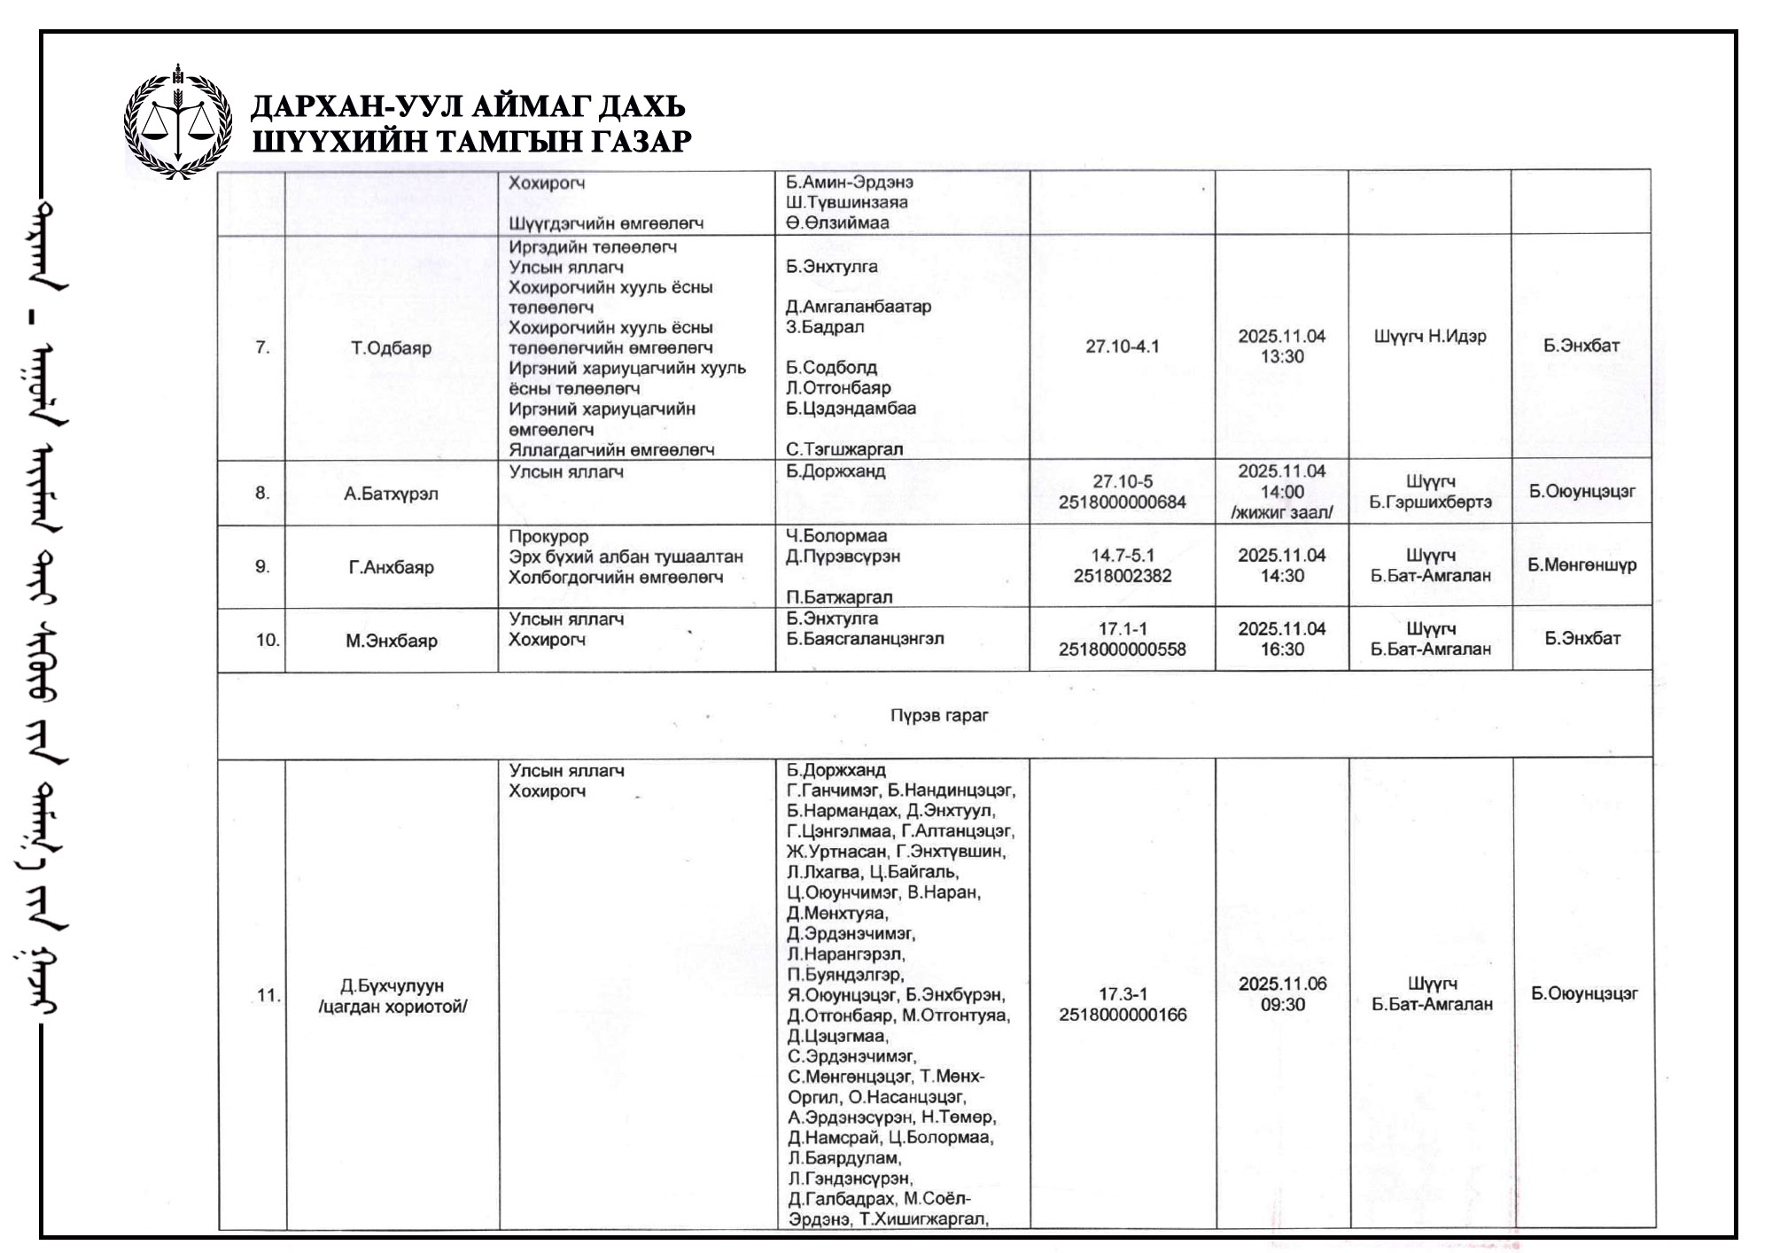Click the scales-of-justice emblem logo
tap(178, 121)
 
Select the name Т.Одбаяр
tap(391, 348)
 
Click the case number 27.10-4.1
tap(1122, 346)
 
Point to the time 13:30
tap(1282, 357)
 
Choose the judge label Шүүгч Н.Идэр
tap(1430, 337)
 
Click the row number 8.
tap(262, 493)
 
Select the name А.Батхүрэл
tap(391, 494)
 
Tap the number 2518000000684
tap(1122, 502)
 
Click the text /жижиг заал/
tap(1282, 513)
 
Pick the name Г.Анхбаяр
tap(391, 567)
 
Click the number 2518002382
tap(1122, 576)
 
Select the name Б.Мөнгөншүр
tap(1582, 565)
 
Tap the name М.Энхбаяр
tap(391, 641)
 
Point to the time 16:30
tap(1282, 650)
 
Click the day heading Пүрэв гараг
tap(939, 715)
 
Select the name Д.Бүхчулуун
tap(392, 986)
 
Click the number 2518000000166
tap(1123, 1016)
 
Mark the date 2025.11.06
tap(1282, 984)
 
